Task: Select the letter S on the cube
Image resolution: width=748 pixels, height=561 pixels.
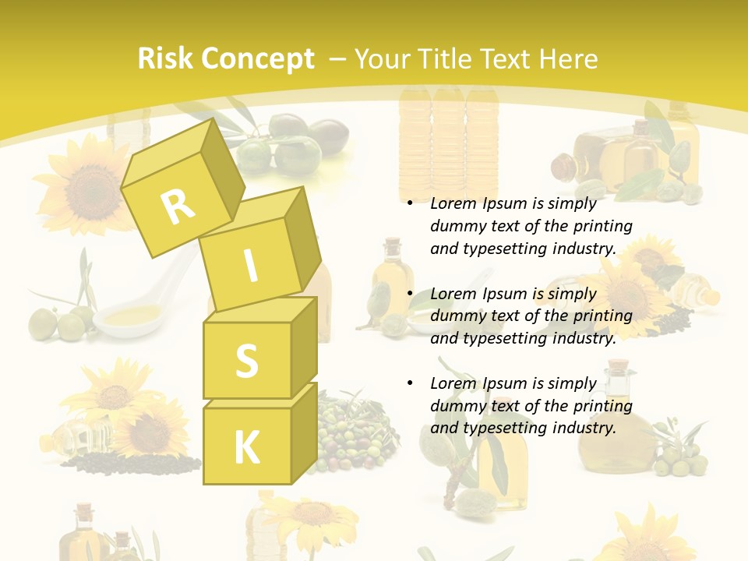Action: point(246,361)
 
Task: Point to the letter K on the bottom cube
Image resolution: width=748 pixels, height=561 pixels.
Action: point(246,448)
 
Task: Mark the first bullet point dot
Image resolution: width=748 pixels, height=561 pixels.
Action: point(410,204)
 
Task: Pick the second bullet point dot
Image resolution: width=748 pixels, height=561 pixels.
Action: point(410,295)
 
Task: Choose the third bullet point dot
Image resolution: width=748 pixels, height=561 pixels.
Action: point(410,384)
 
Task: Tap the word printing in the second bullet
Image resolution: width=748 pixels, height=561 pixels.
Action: point(602,316)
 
